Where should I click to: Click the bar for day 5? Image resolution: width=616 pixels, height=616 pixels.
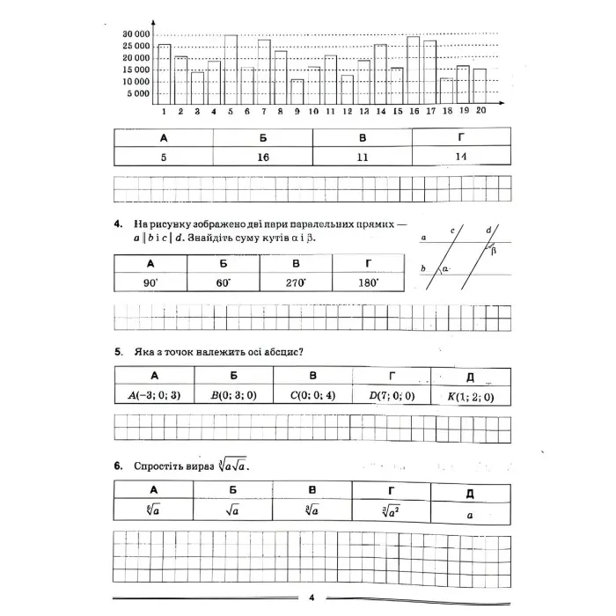click(x=231, y=70)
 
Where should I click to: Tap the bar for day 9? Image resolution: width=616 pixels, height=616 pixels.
click(x=297, y=92)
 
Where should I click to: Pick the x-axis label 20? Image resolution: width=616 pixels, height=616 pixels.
click(x=480, y=111)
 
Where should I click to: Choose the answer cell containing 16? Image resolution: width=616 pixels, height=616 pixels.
click(x=262, y=156)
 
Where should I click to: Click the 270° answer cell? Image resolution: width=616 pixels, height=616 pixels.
click(x=297, y=282)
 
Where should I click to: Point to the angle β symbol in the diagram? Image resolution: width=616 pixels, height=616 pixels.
click(x=494, y=250)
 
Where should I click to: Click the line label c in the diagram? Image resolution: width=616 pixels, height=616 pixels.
click(x=452, y=230)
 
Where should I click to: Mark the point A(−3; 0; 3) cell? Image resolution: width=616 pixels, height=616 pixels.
click(x=154, y=396)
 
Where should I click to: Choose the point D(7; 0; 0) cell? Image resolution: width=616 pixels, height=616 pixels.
click(x=392, y=396)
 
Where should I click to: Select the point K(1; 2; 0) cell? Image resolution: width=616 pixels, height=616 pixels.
click(x=471, y=396)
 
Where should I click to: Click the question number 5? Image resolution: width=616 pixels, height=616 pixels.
click(x=118, y=352)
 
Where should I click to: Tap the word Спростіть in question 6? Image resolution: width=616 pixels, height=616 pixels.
click(x=156, y=466)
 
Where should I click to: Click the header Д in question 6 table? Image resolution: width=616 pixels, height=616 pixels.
click(x=470, y=491)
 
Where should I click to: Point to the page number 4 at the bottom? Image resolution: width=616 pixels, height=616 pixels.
click(x=312, y=598)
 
